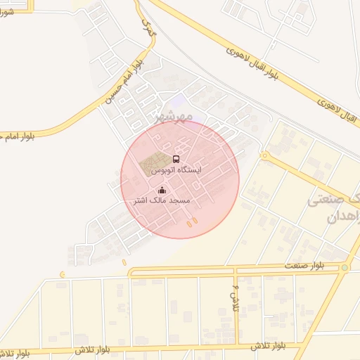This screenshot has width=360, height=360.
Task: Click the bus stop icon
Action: click(176, 159)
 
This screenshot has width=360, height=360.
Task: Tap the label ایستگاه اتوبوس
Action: click(176, 170)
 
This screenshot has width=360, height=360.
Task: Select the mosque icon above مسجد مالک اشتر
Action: click(162, 190)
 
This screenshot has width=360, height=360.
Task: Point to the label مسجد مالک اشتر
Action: click(162, 201)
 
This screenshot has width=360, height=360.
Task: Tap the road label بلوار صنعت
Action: click(304, 265)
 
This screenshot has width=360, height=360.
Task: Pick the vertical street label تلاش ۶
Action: click(236, 296)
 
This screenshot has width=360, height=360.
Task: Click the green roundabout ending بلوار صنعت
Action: click(345, 267)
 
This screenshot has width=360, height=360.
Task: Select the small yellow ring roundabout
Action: click(264, 155)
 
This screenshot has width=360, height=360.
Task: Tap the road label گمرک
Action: click(146, 28)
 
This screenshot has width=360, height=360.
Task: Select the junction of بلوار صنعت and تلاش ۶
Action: click(234, 269)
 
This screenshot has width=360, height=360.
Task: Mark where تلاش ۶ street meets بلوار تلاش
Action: click(238, 346)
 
